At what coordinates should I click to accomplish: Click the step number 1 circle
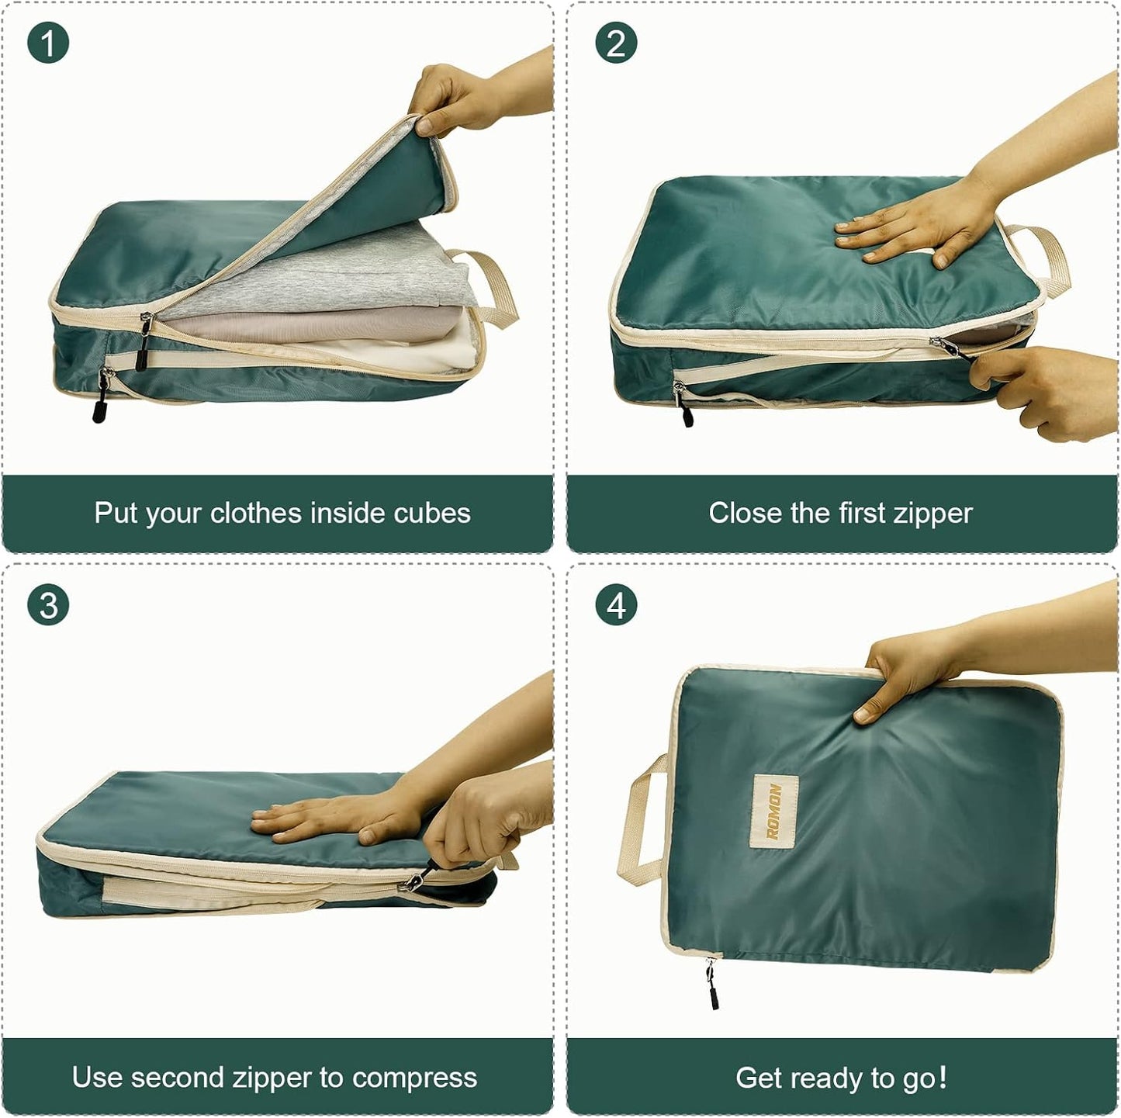click(x=48, y=43)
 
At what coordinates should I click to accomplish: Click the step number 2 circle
click(x=615, y=43)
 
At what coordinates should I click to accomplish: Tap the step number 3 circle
click(x=48, y=604)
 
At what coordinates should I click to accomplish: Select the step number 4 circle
click(x=615, y=604)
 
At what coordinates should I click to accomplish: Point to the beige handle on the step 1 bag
click(x=486, y=286)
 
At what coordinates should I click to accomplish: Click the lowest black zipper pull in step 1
click(x=101, y=402)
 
